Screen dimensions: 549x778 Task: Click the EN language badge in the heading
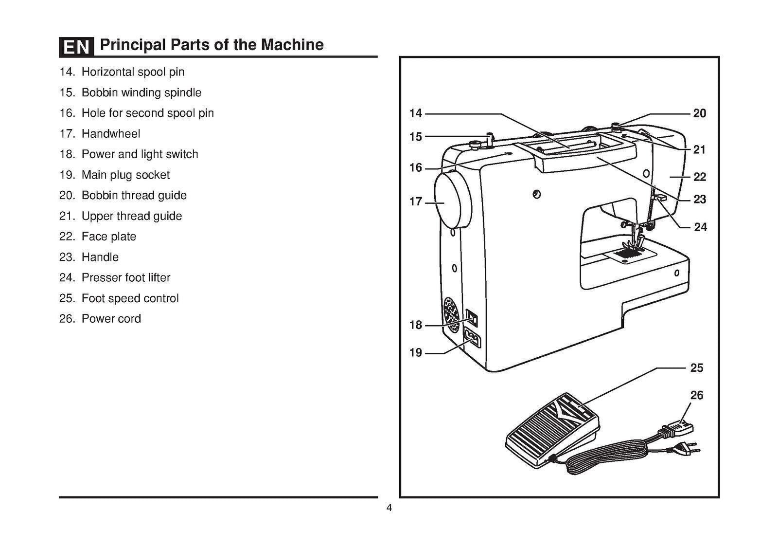pyautogui.click(x=76, y=47)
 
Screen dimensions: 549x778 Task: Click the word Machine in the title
pyautogui.click(x=292, y=45)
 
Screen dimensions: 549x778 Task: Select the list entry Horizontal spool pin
pyautogui.click(x=132, y=72)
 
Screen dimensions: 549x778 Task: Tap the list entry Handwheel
pyautogui.click(x=110, y=134)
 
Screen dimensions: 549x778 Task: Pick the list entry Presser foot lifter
pyautogui.click(x=125, y=278)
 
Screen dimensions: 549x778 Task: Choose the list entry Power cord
pyautogui.click(x=111, y=319)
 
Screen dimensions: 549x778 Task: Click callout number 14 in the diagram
pyautogui.click(x=415, y=113)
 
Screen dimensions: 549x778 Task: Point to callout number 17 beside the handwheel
pyautogui.click(x=415, y=201)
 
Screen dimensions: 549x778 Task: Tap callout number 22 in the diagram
pyautogui.click(x=699, y=177)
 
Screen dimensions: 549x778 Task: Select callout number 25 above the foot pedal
pyautogui.click(x=696, y=368)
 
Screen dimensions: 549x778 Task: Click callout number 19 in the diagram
pyautogui.click(x=415, y=352)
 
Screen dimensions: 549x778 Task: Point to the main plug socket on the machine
pyautogui.click(x=472, y=338)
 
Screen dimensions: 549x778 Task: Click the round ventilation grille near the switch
pyautogui.click(x=451, y=315)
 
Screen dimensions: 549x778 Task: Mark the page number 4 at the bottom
pyautogui.click(x=389, y=508)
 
